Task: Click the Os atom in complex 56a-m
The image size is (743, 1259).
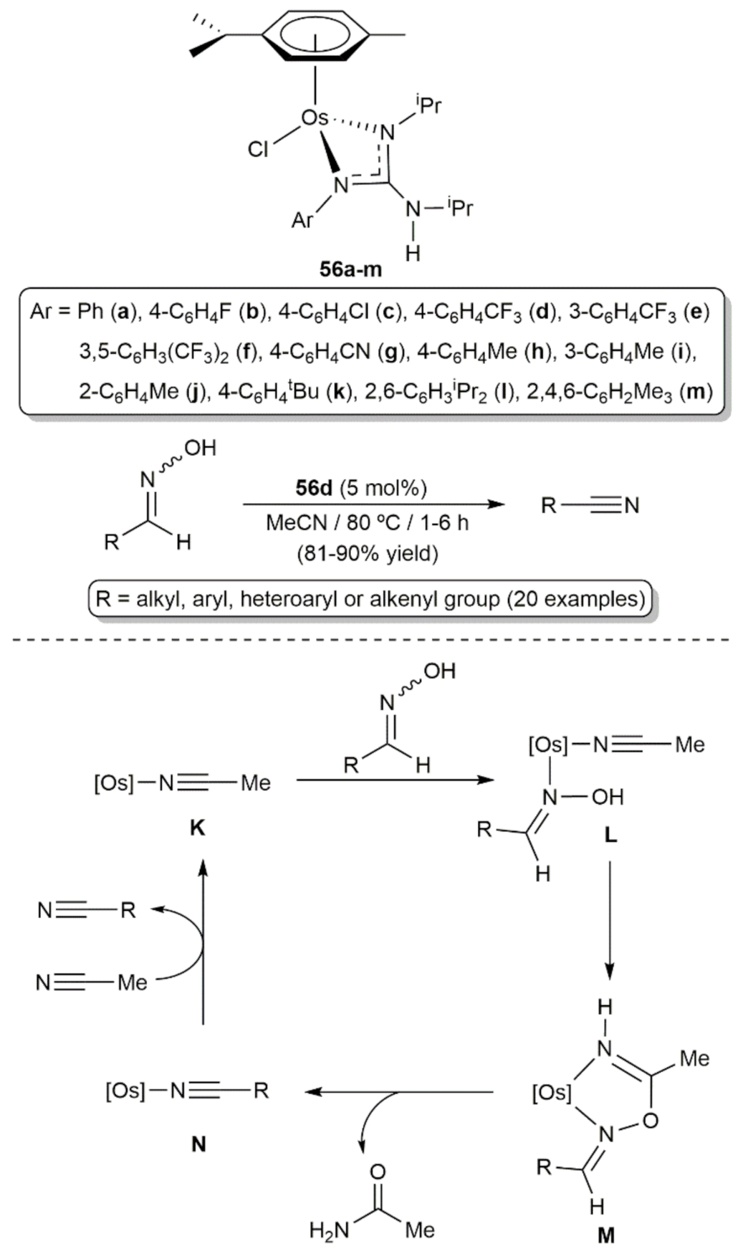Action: (314, 118)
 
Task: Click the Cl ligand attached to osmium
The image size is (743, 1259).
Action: (257, 149)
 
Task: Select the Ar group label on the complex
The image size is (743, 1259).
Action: (302, 219)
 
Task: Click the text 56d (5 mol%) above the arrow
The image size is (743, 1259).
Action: (361, 488)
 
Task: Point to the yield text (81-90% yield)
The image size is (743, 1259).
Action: (367, 553)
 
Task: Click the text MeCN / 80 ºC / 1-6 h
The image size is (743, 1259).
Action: (367, 522)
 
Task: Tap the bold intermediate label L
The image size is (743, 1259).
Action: (610, 836)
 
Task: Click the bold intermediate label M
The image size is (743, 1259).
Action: (605, 1235)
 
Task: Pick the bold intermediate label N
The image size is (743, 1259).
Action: (198, 1144)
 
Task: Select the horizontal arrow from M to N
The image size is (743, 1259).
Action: (401, 1092)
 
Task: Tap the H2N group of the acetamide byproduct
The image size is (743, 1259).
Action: (329, 1230)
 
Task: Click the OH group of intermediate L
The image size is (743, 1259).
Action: (608, 797)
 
